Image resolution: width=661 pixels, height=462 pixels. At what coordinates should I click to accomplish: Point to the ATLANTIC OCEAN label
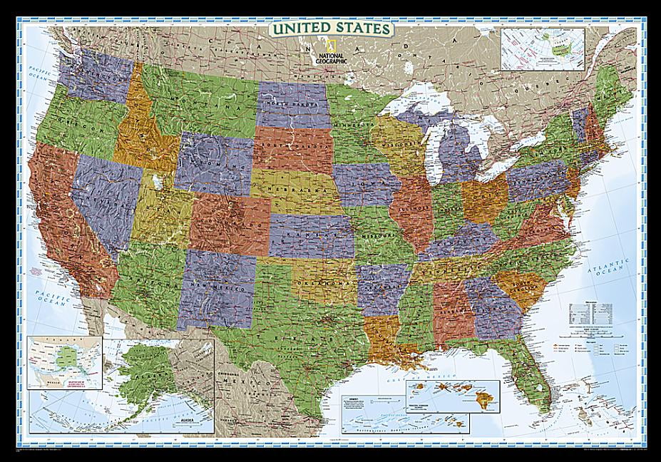coord(601,271)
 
